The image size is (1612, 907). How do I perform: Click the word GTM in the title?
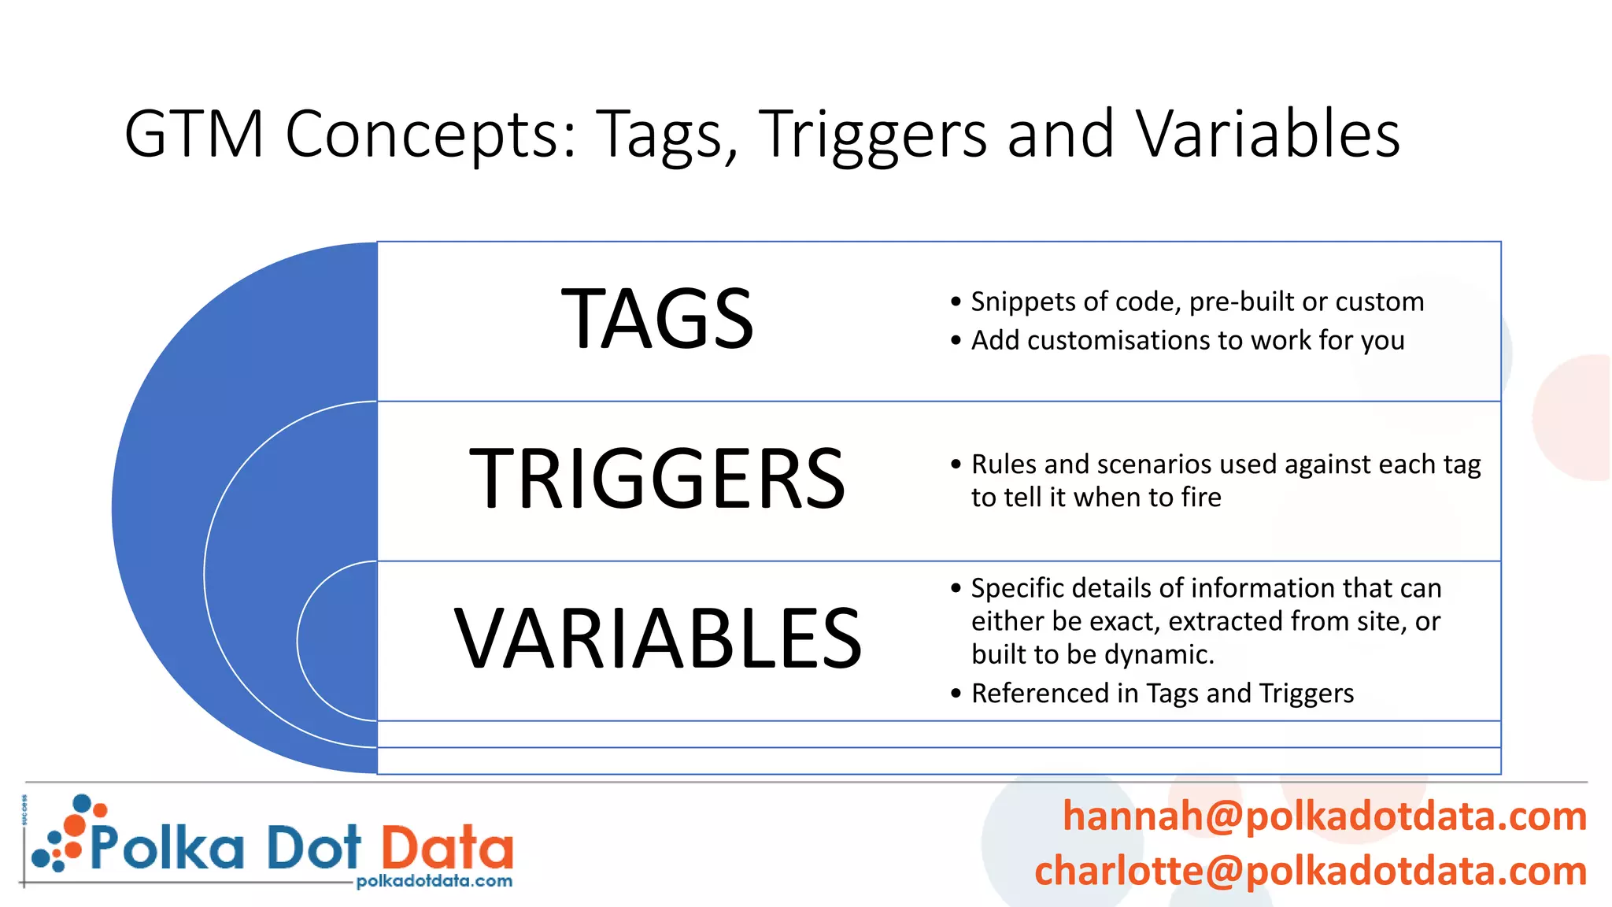194,135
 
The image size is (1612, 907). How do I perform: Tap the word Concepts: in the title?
431,135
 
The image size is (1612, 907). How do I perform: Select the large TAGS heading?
658,320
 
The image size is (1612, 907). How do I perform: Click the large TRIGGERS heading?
658,479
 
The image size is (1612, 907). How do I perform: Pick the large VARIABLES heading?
658,639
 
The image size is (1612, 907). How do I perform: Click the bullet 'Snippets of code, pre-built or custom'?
1196,302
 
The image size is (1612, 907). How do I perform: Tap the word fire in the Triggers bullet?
1201,498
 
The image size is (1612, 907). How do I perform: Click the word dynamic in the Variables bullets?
1170,655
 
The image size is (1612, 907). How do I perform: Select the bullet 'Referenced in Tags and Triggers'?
1162,694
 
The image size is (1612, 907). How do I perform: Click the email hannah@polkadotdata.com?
1324,816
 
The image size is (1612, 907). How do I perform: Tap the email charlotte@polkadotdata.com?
1310,871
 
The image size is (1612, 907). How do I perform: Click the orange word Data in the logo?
447,848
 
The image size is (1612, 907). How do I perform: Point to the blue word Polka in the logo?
167,848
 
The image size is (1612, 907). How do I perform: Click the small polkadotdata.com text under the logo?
434,881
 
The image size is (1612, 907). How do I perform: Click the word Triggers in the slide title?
872,135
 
